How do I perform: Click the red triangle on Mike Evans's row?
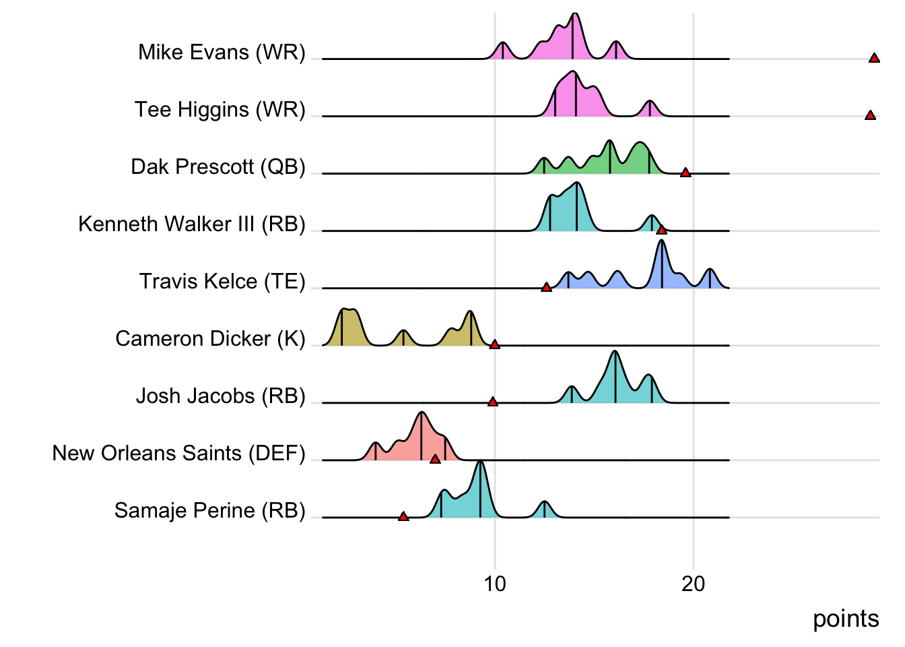874,59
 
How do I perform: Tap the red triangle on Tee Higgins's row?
870,116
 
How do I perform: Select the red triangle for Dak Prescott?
685,173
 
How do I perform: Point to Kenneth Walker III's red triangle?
661,230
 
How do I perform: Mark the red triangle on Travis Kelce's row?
546,288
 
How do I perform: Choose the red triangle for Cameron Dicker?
494,345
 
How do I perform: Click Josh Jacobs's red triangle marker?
492,402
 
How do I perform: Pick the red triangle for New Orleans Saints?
435,460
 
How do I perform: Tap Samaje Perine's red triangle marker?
403,517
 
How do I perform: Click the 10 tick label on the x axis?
495,584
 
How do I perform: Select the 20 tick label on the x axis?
693,584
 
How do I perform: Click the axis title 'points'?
846,619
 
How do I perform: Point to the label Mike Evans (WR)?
222,52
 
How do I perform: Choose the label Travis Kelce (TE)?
222,281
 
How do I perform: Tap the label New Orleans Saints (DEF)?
178,453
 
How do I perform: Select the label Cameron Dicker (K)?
210,338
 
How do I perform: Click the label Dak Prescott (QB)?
218,166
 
